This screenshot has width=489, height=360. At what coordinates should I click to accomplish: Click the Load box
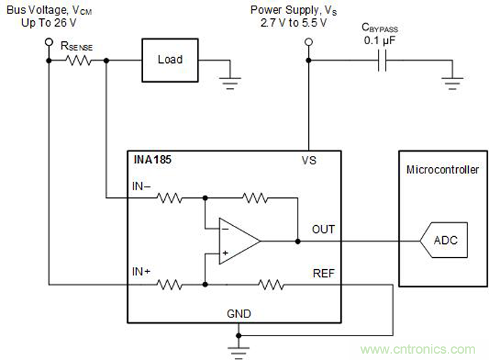pos(170,59)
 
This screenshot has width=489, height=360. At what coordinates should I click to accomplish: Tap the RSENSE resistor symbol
pos(78,60)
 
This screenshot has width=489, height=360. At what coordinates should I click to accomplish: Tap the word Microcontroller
pos(443,170)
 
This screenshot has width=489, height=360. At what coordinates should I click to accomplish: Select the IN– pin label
pos(142,187)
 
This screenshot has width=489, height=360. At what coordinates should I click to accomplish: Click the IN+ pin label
pos(142,271)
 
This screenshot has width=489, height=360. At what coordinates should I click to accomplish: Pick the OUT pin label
pos(323,229)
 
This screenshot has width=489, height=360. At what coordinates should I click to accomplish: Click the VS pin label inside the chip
pos(309,160)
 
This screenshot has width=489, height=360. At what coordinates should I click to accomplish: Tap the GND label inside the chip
pos(238,314)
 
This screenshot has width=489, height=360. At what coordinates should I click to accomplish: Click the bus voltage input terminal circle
pos(48,43)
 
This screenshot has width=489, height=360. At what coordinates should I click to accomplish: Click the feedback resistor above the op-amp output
pos(255,199)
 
